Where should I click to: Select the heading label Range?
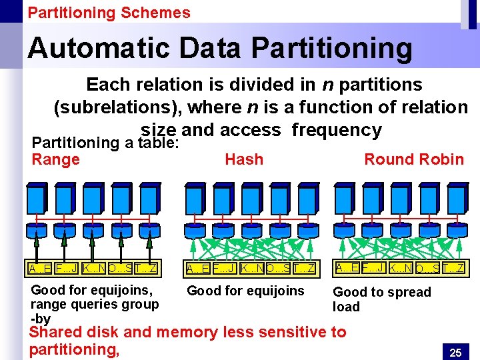coord(55,159)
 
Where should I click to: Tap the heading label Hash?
coord(244,159)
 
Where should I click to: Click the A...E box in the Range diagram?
coord(39,269)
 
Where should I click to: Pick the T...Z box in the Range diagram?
coord(146,269)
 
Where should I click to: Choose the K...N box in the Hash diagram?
coord(251,269)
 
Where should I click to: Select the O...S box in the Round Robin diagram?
coord(427,268)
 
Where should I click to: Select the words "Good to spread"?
coord(381,292)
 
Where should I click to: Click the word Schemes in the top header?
coord(159,13)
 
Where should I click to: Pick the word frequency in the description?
coord(336,129)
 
